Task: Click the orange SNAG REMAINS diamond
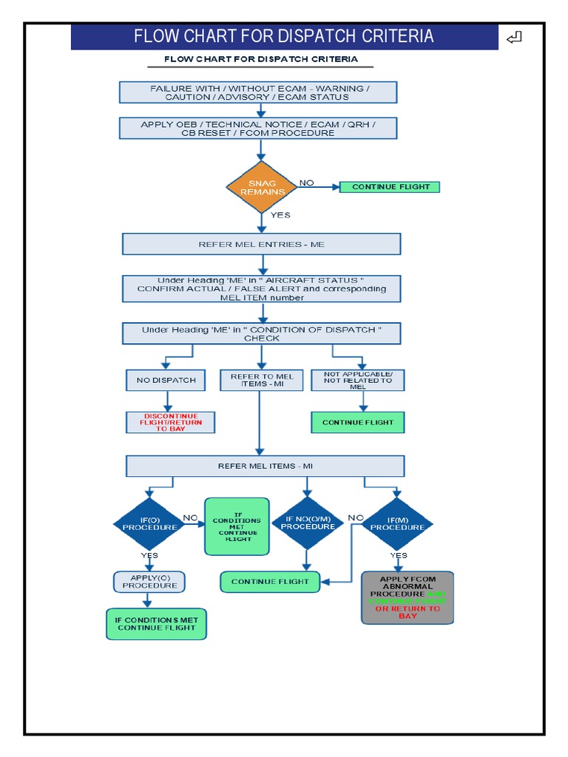point(260,188)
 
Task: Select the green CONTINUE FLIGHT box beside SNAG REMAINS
point(390,187)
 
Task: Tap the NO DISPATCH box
point(166,380)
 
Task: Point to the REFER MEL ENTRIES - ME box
point(261,244)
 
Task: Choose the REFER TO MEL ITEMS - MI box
point(261,380)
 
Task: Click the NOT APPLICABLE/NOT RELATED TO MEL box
point(358,380)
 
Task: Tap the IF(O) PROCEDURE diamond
point(149,523)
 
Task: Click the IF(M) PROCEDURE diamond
point(397,523)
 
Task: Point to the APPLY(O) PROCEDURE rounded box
point(149,581)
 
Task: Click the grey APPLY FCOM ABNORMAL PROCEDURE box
point(408,597)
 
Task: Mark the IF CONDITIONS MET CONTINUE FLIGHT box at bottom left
point(156,623)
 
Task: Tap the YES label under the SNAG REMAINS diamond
point(280,215)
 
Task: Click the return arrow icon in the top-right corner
point(515,37)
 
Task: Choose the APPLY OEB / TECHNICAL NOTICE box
point(258,129)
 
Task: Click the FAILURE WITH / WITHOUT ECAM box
point(258,92)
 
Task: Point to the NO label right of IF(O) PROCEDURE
point(190,518)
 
